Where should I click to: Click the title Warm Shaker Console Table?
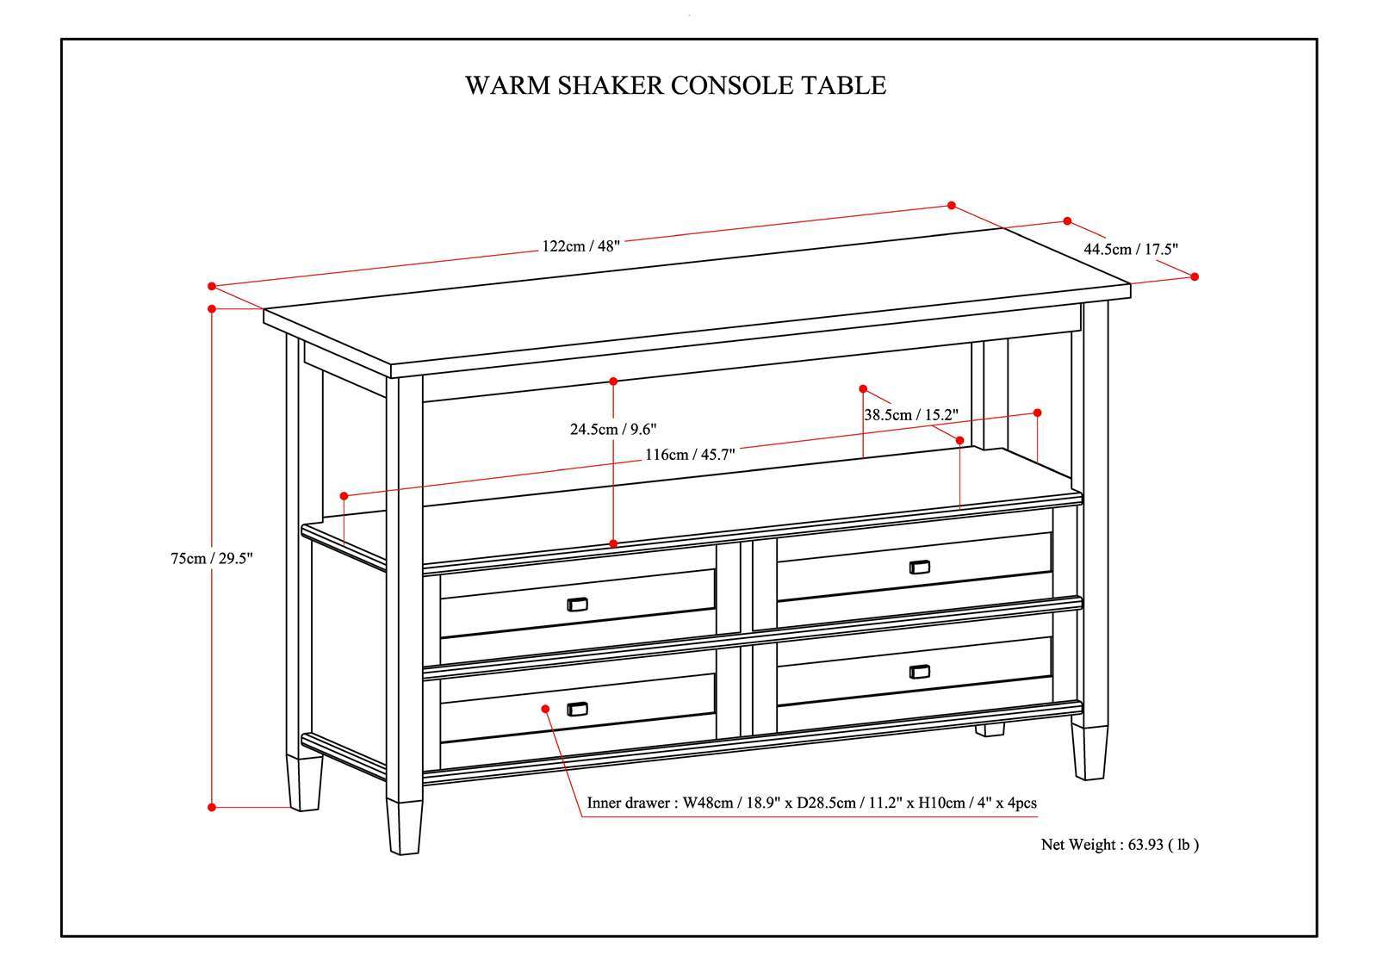click(675, 85)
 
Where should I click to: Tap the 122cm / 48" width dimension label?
click(580, 245)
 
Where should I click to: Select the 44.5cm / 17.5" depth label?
click(1131, 249)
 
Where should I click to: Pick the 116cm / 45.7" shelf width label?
click(689, 455)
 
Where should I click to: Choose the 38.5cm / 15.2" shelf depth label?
click(911, 414)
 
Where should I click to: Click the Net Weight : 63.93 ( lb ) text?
click(1120, 845)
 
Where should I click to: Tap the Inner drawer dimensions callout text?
click(811, 803)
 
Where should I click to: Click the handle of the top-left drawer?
click(577, 604)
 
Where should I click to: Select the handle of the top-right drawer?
click(920, 567)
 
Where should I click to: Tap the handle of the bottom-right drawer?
click(920, 672)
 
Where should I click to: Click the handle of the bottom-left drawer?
click(577, 709)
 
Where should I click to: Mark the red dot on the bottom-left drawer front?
click(546, 708)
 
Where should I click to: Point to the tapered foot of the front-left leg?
click(404, 827)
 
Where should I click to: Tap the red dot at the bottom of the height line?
click(212, 807)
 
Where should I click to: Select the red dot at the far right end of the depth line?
click(1195, 276)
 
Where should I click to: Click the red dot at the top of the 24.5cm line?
click(613, 380)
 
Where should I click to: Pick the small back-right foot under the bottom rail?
click(990, 729)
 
